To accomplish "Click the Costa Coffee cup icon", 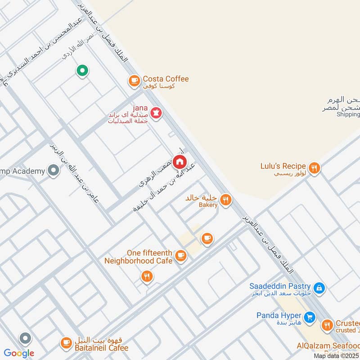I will point(134,81).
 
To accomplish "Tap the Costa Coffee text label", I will point(166,79).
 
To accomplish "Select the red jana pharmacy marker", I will point(156,113).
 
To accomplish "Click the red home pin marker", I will point(179,161).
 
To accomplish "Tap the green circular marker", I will point(82,71).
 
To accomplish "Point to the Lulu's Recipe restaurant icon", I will point(315,168).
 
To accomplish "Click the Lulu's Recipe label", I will point(283,166).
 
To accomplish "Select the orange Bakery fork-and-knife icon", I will point(226,199).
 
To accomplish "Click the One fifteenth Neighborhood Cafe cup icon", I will point(180,256).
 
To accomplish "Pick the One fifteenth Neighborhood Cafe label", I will point(139,256).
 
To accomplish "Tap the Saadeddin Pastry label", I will point(280,286).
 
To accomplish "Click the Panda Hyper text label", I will point(278,315).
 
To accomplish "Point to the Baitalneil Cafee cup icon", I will point(66,343).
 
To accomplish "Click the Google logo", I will point(19,353).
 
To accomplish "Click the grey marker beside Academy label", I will point(54,171).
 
